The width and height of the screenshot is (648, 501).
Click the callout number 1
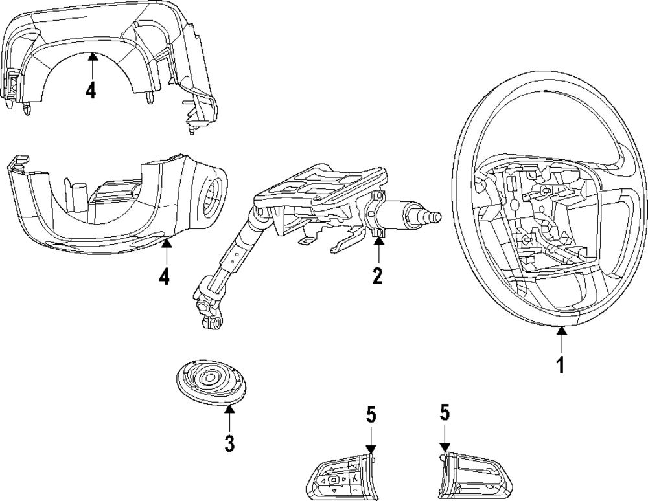pyautogui.click(x=561, y=365)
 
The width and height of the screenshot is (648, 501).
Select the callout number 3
pyautogui.click(x=230, y=443)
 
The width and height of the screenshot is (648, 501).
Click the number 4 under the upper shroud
pyautogui.click(x=91, y=90)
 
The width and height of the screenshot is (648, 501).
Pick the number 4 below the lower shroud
pyautogui.click(x=165, y=276)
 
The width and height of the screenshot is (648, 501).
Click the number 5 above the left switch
pyautogui.click(x=371, y=414)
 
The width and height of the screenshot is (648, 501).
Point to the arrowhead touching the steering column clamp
pyautogui.click(x=378, y=241)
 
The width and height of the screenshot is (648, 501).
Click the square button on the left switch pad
pyautogui.click(x=333, y=480)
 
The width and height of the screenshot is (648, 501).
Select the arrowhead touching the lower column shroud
pyautogui.click(x=166, y=244)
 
